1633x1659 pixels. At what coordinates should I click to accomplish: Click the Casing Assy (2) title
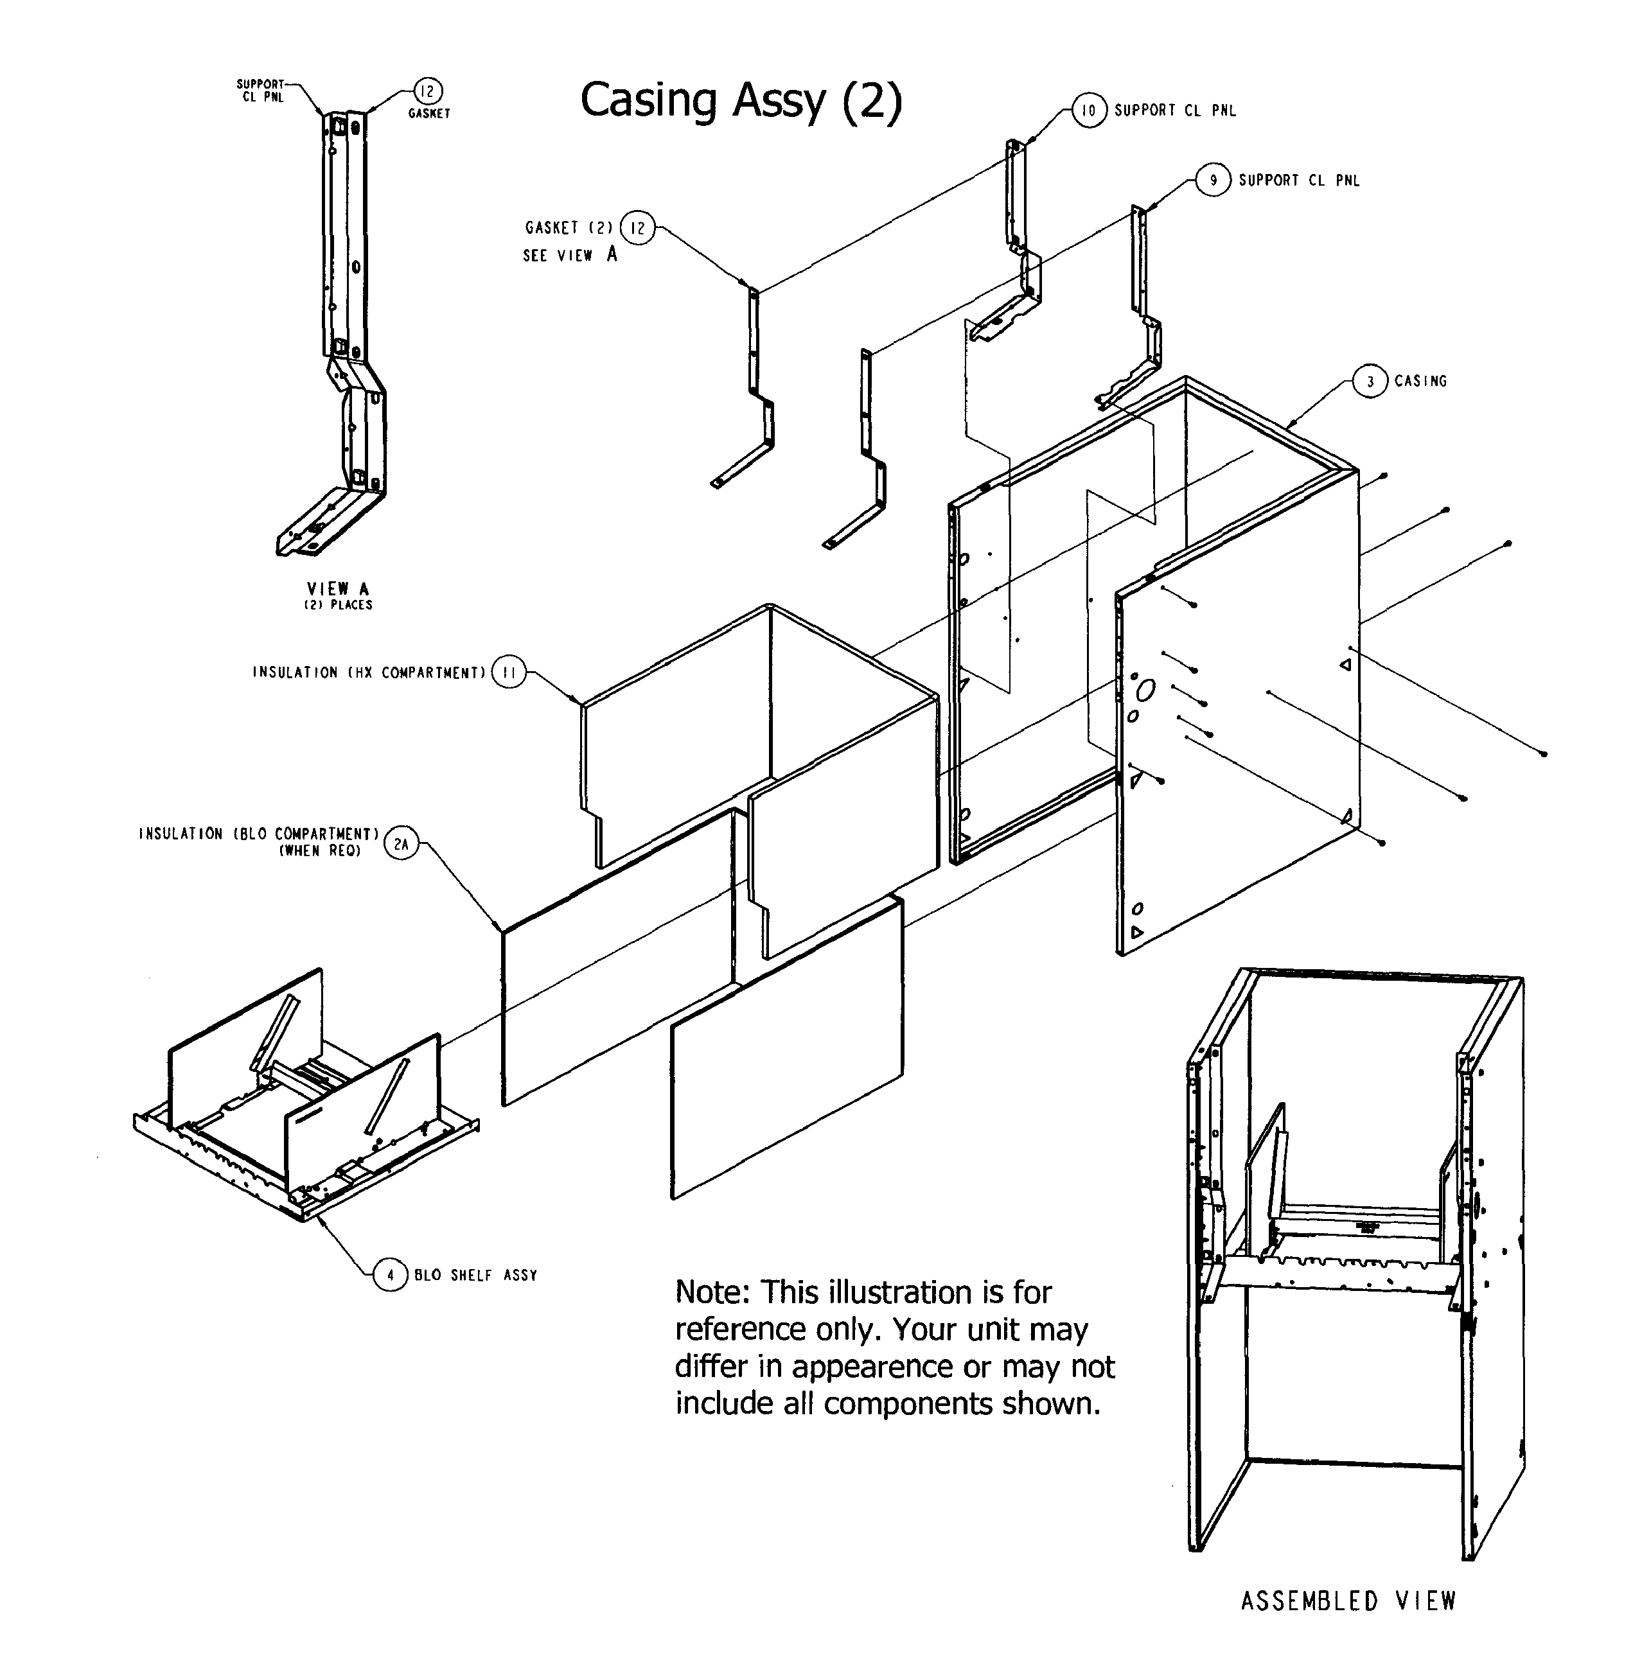(741, 100)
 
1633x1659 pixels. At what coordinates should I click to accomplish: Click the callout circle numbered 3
(1370, 382)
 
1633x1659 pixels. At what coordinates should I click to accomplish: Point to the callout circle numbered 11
(509, 673)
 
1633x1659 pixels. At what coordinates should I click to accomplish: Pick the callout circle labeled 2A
(400, 844)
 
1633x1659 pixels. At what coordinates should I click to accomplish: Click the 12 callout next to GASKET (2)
(637, 228)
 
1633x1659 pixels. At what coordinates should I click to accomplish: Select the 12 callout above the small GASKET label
(427, 91)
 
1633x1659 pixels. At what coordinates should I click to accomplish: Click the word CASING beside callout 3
(1420, 382)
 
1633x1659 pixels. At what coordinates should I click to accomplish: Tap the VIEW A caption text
(338, 589)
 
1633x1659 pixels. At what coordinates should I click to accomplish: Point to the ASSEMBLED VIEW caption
(1348, 1601)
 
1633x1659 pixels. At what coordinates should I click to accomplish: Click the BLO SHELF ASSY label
(476, 1276)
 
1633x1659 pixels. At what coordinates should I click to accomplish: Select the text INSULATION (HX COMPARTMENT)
(369, 673)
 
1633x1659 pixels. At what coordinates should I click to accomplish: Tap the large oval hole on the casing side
(1146, 689)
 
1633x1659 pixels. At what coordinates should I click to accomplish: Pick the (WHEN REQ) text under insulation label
(320, 852)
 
